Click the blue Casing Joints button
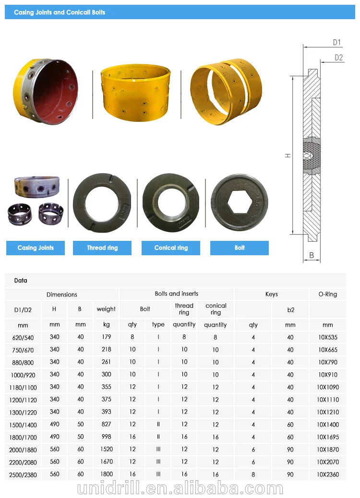[36, 248]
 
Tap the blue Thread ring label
[102, 248]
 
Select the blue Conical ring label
[171, 248]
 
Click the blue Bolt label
[240, 248]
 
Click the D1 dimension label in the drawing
[337, 43]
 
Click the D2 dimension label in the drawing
[339, 58]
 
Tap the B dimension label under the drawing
[312, 256]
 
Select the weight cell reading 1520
[107, 449]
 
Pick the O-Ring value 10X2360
[328, 474]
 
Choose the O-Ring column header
[327, 294]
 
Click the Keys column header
[271, 294]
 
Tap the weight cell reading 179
[107, 337]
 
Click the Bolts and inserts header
[176, 294]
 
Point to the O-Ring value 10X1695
[328, 437]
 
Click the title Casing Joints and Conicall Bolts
[60, 12]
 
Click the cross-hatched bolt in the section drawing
[312, 157]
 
